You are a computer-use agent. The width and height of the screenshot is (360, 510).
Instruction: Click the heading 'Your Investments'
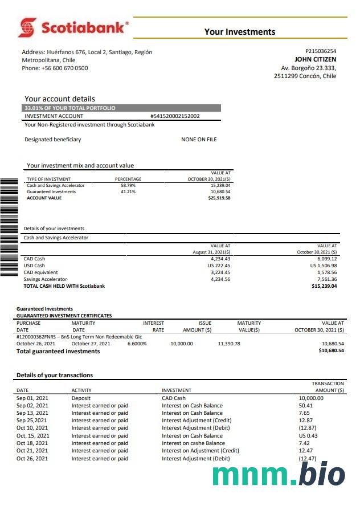click(x=239, y=32)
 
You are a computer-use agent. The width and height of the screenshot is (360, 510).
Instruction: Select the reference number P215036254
click(x=321, y=51)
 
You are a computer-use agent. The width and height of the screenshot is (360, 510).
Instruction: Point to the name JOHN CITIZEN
click(x=315, y=59)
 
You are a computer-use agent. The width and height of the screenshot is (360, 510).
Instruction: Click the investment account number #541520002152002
click(x=175, y=116)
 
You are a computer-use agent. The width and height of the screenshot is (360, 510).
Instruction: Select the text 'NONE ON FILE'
click(x=199, y=140)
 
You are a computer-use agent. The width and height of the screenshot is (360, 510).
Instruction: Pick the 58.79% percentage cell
click(x=128, y=186)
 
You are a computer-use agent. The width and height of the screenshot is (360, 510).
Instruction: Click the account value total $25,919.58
click(x=219, y=198)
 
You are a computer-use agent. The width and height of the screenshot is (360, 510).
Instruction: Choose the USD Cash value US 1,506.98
click(x=323, y=266)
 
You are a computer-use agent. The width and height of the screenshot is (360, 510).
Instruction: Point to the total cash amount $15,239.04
click(x=324, y=286)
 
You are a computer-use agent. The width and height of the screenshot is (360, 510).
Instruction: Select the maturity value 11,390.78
click(x=229, y=344)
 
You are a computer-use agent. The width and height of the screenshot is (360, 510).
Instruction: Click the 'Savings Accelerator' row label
click(x=45, y=279)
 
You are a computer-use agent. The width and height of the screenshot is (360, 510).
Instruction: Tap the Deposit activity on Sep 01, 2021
click(x=81, y=398)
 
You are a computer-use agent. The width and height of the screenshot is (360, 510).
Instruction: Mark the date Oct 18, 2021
click(x=32, y=443)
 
